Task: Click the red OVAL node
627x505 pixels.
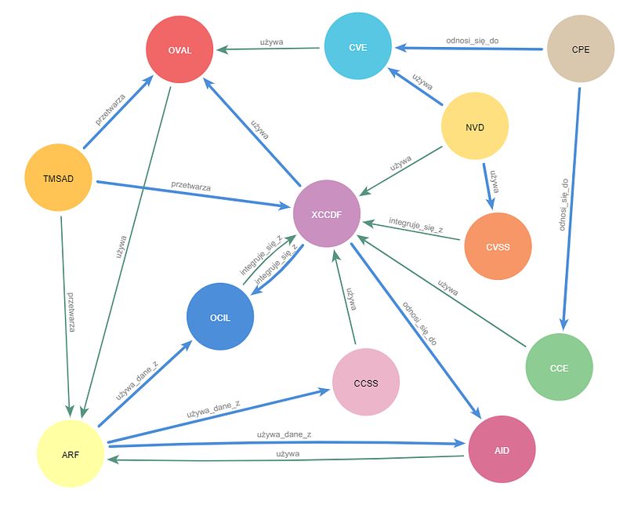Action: tap(179, 50)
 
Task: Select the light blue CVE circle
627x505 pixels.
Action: tap(358, 48)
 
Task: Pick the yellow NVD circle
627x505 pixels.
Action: tap(475, 127)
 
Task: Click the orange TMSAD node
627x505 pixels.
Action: tap(59, 178)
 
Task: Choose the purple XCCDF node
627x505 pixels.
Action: tap(326, 213)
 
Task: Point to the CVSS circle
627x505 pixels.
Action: tap(498, 246)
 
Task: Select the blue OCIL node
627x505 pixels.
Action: tap(220, 317)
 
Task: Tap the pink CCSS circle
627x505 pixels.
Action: tap(366, 383)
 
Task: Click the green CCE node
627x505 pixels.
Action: tap(559, 368)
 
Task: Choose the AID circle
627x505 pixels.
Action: tap(502, 449)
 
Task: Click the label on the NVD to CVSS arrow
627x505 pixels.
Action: tap(494, 183)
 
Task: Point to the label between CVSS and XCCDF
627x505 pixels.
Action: tap(416, 227)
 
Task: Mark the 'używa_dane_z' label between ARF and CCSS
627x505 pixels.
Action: tap(213, 408)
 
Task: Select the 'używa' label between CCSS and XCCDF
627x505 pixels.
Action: tap(352, 299)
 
